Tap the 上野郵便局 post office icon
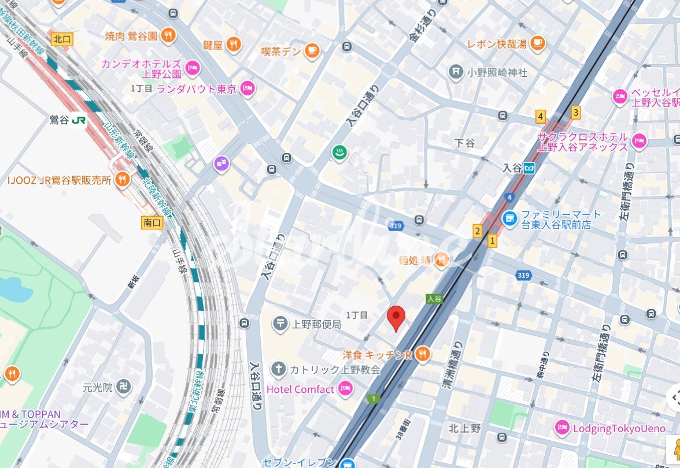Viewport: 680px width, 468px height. point(280,324)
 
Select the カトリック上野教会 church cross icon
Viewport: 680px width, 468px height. point(279,369)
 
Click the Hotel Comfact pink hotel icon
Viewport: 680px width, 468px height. point(345,389)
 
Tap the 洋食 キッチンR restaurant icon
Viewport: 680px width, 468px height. point(422,354)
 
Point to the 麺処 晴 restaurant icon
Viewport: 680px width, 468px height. point(441,260)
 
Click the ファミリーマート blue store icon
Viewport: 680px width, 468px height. point(509,218)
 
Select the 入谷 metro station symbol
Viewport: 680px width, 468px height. point(529,168)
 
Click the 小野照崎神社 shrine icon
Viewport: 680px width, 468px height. point(456,72)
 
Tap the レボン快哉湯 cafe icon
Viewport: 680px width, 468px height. point(538,42)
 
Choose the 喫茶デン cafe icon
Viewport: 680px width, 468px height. point(312,51)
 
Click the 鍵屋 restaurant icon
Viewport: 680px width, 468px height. point(234,44)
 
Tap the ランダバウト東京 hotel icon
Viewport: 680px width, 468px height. point(247,88)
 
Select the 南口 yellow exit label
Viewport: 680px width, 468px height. point(151,222)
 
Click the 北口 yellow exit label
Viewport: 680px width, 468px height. point(60,39)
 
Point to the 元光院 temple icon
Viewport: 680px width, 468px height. point(123,387)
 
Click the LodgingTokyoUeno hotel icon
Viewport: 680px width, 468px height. point(561,428)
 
